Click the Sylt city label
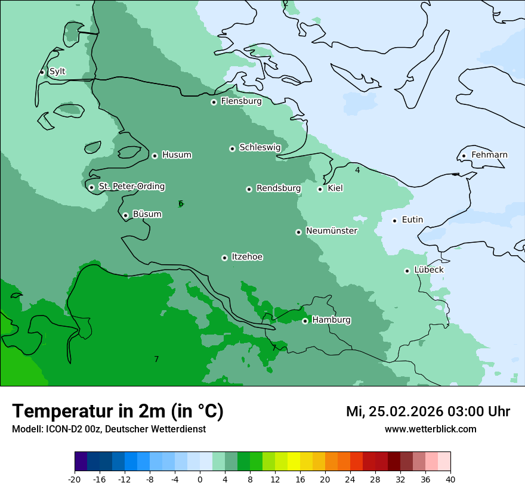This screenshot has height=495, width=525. coord(57,72)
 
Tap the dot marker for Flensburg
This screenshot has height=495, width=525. coord(214,102)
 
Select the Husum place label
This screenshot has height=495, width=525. coord(177,155)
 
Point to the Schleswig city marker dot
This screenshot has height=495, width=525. coord(232,148)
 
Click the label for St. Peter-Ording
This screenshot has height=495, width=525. coord(131,187)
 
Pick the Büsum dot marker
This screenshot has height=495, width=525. coord(125,215)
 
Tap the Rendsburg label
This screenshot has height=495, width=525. coord(279,188)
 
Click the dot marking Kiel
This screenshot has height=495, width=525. coord(320,189)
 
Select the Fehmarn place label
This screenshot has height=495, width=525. coord(489,155)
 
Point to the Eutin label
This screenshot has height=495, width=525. coord(412,220)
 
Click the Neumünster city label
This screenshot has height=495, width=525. coord(332,231)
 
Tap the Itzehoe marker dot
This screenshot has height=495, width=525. coord(224,258)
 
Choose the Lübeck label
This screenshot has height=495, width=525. coord(428,270)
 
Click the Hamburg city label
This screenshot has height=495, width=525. coord(331,320)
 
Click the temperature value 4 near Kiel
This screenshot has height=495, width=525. coord(357,171)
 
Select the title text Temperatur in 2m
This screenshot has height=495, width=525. coord(118,411)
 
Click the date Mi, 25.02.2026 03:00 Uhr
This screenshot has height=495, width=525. coord(428,412)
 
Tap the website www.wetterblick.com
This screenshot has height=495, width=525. coord(430,429)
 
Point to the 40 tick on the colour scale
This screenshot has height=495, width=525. coord(450,479)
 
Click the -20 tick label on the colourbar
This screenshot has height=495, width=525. coord(75,479)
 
